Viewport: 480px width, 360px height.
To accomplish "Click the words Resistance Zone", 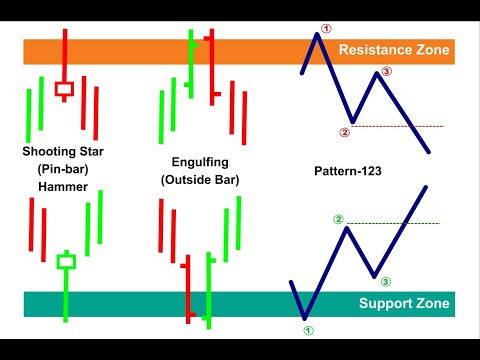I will click(x=395, y=49).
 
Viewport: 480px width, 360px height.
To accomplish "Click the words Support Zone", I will click(x=404, y=304).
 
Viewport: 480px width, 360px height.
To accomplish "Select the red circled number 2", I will click(x=344, y=132).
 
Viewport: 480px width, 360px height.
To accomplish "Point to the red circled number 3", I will click(x=387, y=72).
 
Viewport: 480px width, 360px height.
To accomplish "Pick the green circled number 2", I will click(x=338, y=219).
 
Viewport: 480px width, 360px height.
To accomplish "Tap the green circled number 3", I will click(x=386, y=282).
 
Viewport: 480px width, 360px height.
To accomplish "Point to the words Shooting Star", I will click(x=62, y=152).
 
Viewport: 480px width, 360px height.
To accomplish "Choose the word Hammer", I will click(x=62, y=186).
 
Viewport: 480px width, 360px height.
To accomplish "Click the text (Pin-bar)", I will click(x=62, y=169).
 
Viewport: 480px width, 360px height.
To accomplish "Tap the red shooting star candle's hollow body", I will click(x=65, y=89).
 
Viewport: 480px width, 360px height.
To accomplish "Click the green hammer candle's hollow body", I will click(x=66, y=262).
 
